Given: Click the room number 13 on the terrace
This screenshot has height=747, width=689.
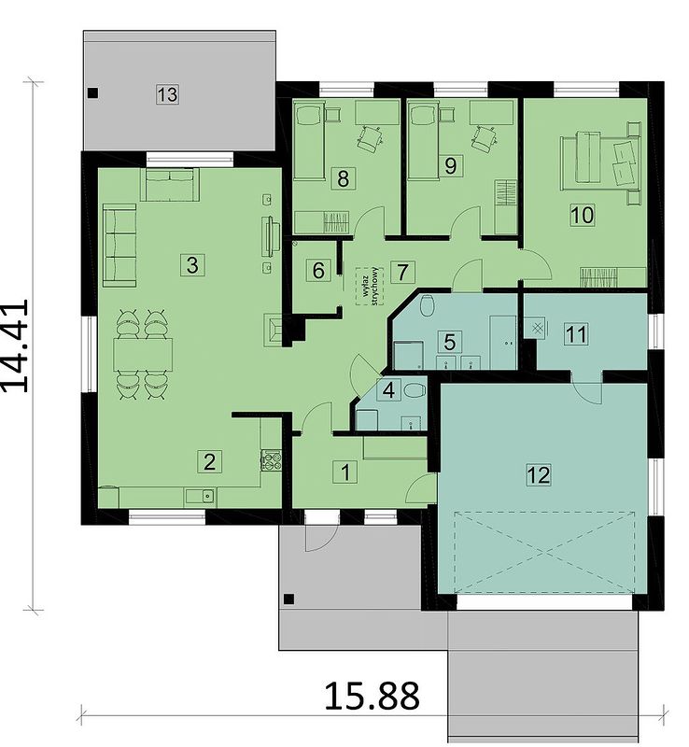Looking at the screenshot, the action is point(167,94).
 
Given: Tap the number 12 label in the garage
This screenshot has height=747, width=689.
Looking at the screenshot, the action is point(539,474).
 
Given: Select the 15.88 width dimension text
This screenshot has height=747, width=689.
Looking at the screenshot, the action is point(373,696).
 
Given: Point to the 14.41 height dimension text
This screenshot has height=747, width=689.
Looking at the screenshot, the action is point(15,345).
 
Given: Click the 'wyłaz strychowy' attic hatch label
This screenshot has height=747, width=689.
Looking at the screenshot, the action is point(371,286).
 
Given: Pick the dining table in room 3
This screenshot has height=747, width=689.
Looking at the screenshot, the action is point(143,355).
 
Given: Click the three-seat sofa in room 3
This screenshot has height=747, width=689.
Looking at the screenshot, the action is point(120,246).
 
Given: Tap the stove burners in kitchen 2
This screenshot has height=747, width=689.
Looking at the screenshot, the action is point(271,460).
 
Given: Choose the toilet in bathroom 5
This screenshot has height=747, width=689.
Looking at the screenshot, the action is point(428,305).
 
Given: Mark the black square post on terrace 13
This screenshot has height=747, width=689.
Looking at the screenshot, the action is point(93,92).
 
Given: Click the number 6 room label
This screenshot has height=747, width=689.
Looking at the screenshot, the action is point(318,271).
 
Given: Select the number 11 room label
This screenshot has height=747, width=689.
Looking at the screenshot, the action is point(575,334).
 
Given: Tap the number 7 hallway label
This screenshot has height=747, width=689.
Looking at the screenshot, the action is point(402,272).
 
